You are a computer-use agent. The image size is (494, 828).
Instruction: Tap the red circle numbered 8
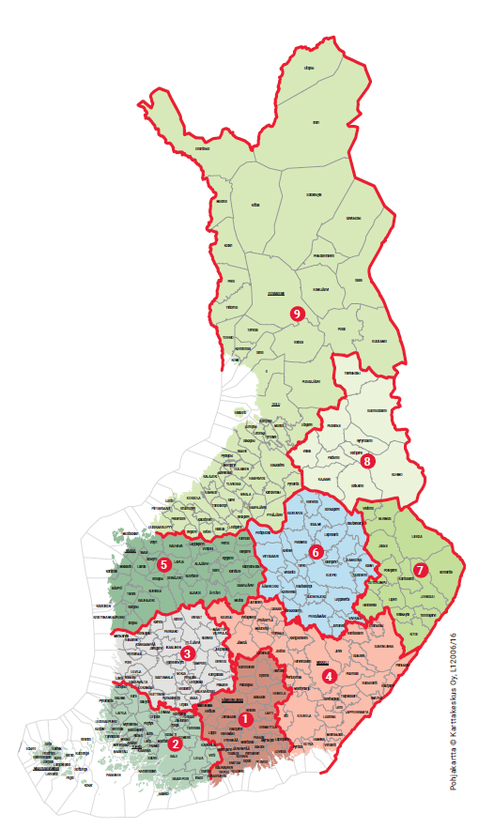click(x=368, y=461)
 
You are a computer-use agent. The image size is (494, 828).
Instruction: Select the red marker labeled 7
click(x=420, y=569)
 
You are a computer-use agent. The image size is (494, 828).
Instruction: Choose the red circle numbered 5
click(x=164, y=564)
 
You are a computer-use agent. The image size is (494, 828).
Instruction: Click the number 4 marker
click(x=329, y=674)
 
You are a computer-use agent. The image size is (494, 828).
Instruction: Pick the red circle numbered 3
click(x=188, y=653)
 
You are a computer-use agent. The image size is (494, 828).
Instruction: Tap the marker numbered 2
click(x=175, y=744)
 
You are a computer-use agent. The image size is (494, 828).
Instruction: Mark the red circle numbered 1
click(x=245, y=719)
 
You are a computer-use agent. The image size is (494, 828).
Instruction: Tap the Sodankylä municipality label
click(x=314, y=193)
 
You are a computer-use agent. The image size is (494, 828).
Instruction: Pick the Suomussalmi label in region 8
click(x=377, y=410)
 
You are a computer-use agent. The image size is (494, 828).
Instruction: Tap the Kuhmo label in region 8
click(x=396, y=474)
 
